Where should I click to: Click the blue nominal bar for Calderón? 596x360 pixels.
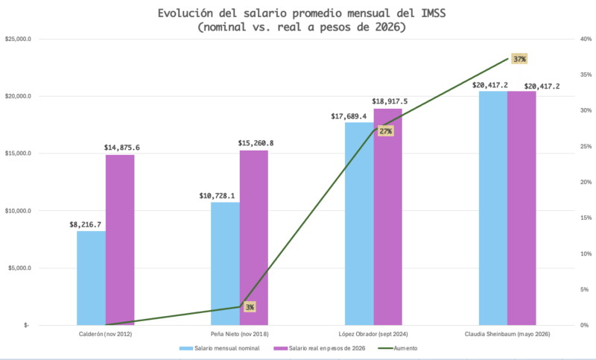pyautogui.click(x=91, y=278)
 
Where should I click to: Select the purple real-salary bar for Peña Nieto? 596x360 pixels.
pyautogui.click(x=254, y=238)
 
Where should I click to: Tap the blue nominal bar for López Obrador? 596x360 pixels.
pyautogui.click(x=359, y=224)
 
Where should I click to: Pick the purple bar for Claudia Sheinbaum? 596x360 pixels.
pyautogui.click(x=521, y=208)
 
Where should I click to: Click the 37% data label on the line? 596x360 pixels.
pyautogui.click(x=519, y=59)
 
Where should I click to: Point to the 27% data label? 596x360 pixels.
pyautogui.click(x=385, y=131)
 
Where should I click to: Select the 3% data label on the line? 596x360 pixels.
pyautogui.click(x=250, y=307)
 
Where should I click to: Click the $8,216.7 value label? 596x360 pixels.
pyautogui.click(x=85, y=224)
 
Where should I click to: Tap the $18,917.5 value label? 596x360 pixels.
pyautogui.click(x=390, y=101)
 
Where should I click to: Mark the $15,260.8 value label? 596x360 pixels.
pyautogui.click(x=256, y=143)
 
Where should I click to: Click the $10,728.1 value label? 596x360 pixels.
pyautogui.click(x=217, y=196)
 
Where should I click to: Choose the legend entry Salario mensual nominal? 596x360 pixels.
pyautogui.click(x=219, y=348)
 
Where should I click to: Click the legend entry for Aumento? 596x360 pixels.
pyautogui.click(x=398, y=348)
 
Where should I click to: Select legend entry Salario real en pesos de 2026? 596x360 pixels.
pyautogui.click(x=320, y=348)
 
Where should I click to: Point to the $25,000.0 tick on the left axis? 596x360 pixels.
pyautogui.click(x=18, y=40)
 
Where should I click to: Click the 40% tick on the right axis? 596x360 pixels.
pyautogui.click(x=586, y=40)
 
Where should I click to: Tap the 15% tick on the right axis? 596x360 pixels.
pyautogui.click(x=586, y=218)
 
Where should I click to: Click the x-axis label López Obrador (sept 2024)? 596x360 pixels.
pyautogui.click(x=373, y=334)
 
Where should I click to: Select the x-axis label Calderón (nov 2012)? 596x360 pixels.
pyautogui.click(x=105, y=334)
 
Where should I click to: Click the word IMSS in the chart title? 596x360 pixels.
pyautogui.click(x=434, y=13)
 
